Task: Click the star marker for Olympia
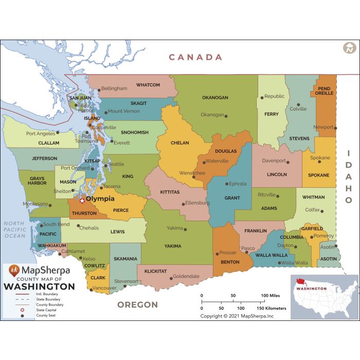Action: pyautogui.click(x=82, y=201)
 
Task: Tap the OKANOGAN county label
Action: pyautogui.click(x=215, y=97)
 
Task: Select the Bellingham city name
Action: pyautogui.click(x=114, y=88)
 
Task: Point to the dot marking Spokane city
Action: pyautogui.click(x=319, y=162)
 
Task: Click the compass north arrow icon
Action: pyautogui.click(x=349, y=48)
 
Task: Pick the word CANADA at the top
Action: pyautogui.click(x=196, y=57)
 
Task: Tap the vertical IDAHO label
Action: pyautogui.click(x=348, y=178)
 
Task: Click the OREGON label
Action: pyautogui.click(x=137, y=304)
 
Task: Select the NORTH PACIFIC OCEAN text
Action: pyautogui.click(x=14, y=229)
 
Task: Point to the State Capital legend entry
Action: pyautogui.click(x=46, y=310)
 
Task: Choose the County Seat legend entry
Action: pyautogui.click(x=45, y=315)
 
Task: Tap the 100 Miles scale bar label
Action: pyautogui.click(x=270, y=296)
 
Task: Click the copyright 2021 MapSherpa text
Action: pyautogui.click(x=238, y=316)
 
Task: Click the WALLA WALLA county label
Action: pyautogui.click(x=271, y=255)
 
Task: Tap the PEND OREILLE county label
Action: pyautogui.click(x=325, y=91)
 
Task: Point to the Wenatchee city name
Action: pyautogui.click(x=191, y=173)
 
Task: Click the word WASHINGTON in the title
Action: pyautogui.click(x=39, y=286)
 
